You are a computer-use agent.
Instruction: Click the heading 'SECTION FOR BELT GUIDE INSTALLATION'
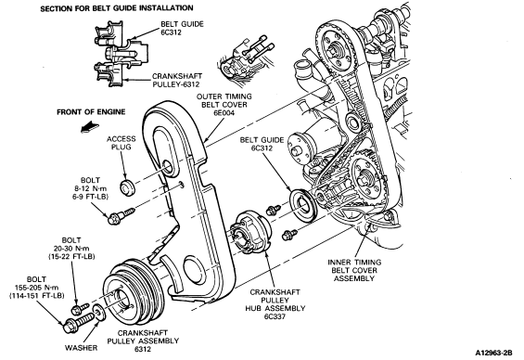point(117,8)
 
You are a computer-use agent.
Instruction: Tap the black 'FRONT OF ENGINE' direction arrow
point(90,127)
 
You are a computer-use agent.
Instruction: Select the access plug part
point(127,187)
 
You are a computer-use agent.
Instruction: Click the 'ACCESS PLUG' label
point(121,143)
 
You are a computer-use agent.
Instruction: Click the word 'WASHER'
point(82,348)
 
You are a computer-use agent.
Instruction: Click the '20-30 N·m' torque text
point(71,249)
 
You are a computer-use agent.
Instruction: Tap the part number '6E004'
point(224,113)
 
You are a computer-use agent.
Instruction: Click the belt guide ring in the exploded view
point(303,205)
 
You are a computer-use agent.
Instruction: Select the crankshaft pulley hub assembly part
point(251,232)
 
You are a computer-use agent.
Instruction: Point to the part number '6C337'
point(275,316)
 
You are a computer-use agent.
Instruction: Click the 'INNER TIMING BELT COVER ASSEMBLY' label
point(354,270)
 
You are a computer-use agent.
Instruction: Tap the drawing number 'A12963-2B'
point(494,353)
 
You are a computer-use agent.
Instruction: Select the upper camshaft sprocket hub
point(335,52)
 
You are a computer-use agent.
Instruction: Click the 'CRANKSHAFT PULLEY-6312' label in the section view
point(177,80)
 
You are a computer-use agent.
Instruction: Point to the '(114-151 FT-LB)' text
point(37,295)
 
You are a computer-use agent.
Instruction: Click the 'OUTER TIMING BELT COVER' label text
point(224,100)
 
